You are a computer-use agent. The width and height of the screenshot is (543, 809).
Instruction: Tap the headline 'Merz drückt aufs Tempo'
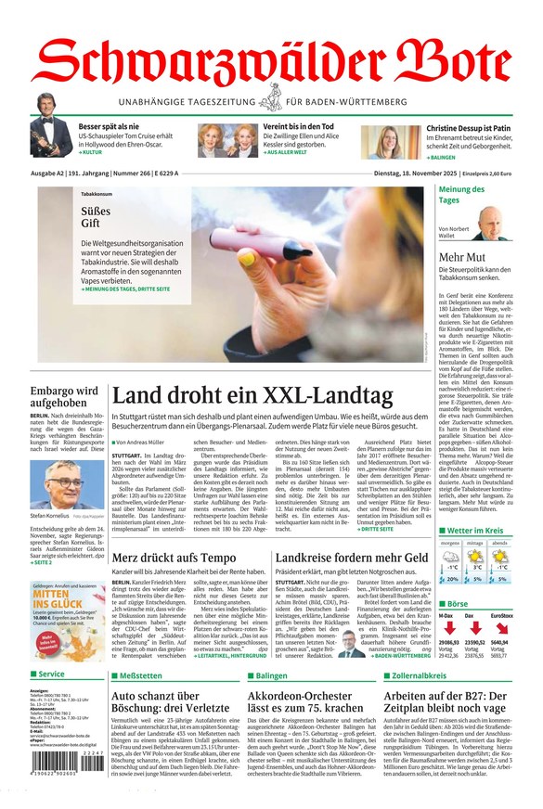(174, 557)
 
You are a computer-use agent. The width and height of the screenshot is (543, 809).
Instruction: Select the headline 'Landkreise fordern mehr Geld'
(352, 557)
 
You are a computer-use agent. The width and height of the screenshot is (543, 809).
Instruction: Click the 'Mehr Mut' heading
(462, 257)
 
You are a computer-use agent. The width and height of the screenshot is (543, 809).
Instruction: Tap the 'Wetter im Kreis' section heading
(473, 531)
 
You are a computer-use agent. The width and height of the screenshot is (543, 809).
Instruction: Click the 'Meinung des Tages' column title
(462, 194)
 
